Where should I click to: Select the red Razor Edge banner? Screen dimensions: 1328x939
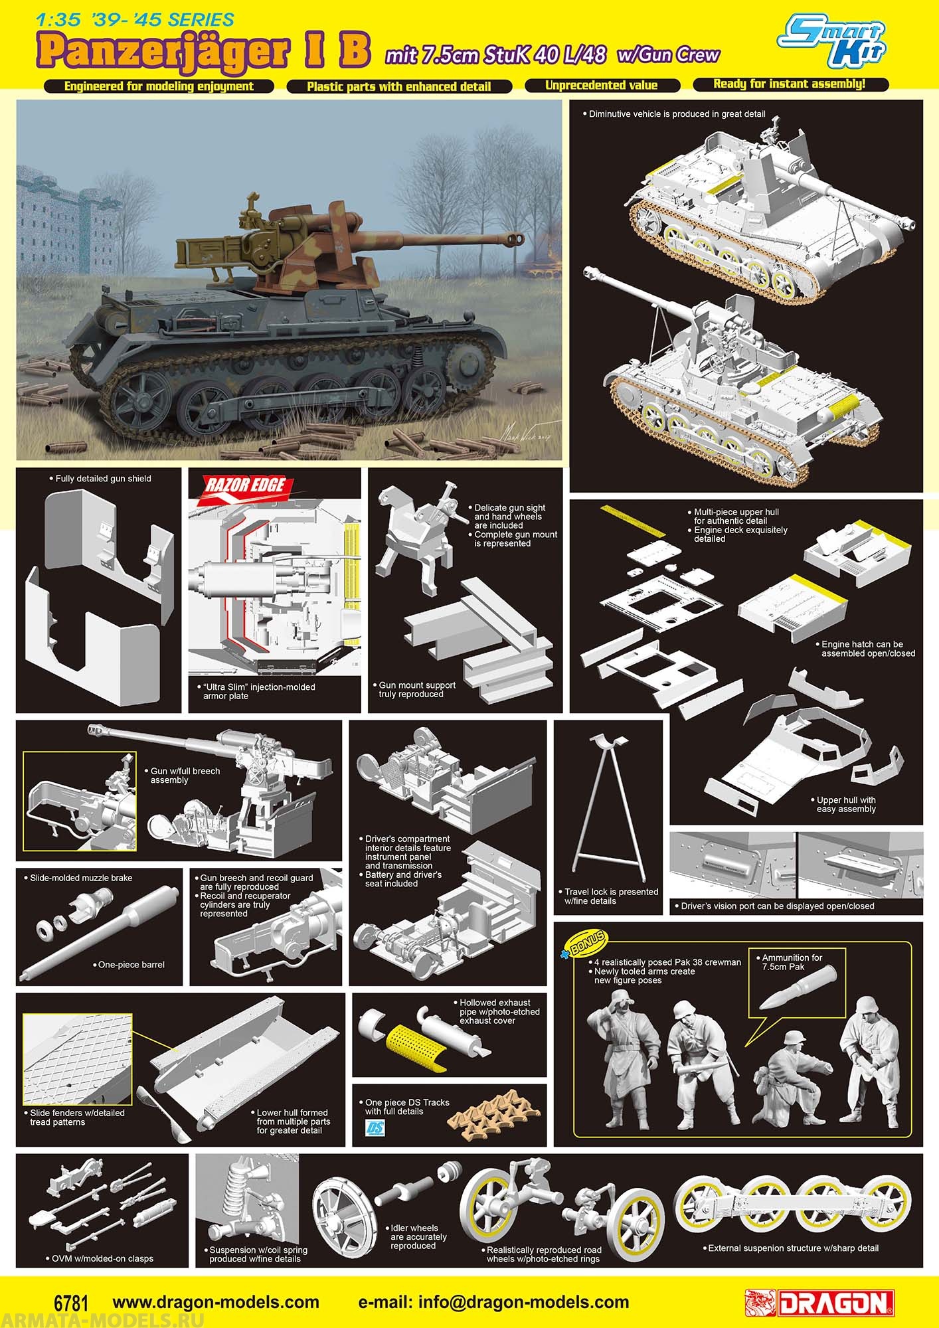[x=243, y=486]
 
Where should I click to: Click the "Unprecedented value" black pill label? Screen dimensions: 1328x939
[x=602, y=86]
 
